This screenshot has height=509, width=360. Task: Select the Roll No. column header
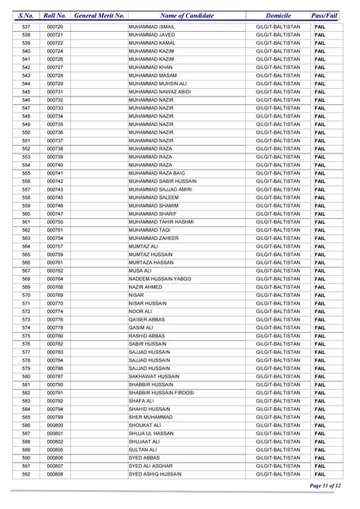pos(55,14)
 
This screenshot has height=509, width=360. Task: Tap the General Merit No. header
pos(99,14)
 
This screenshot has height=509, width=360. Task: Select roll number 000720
pos(54,27)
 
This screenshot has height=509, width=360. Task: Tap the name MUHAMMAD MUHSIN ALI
pos(158,84)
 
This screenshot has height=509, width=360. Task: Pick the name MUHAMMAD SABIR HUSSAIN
pos(163,182)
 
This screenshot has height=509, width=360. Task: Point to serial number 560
pos(26,213)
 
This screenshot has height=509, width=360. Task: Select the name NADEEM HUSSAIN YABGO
pos(159,279)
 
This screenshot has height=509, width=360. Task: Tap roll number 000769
pos(54,296)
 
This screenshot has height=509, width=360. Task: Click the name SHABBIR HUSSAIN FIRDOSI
pos(162,393)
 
